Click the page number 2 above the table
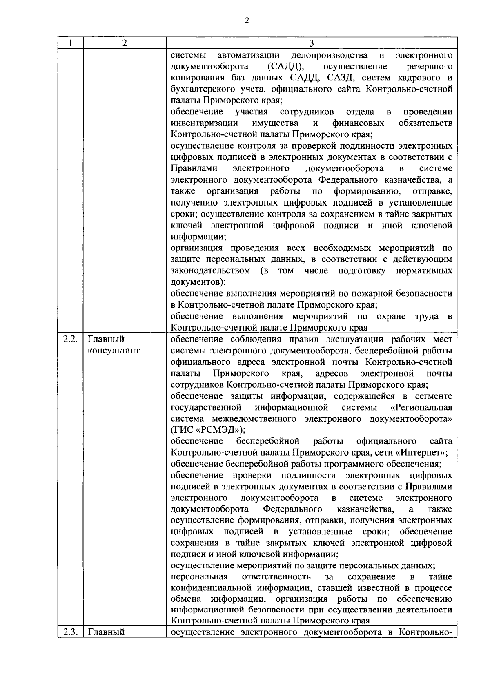247,21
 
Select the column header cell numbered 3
311,43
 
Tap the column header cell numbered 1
70,43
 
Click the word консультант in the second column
114,351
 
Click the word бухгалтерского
198,89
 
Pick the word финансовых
358,123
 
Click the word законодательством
210,271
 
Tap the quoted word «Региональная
421,407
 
